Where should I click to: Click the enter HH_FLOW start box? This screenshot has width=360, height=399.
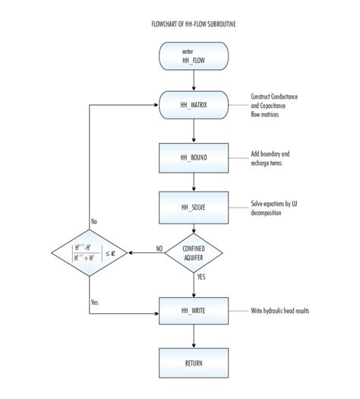pyautogui.click(x=194, y=55)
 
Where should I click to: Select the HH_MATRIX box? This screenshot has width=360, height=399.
pyautogui.click(x=194, y=104)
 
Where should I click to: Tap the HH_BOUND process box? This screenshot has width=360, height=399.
pyautogui.click(x=194, y=157)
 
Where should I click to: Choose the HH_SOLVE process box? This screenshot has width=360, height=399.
pyautogui.click(x=194, y=207)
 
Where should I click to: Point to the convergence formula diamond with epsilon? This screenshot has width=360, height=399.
pyautogui.click(x=89, y=252)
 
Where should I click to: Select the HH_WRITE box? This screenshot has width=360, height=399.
pyautogui.click(x=194, y=312)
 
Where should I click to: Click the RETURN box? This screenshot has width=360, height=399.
pyautogui.click(x=194, y=363)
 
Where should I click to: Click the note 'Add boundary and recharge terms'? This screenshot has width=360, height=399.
pyautogui.click(x=270, y=157)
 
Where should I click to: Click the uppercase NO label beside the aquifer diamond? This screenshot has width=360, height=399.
pyautogui.click(x=159, y=248)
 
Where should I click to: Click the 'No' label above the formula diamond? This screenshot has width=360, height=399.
pyautogui.click(x=94, y=221)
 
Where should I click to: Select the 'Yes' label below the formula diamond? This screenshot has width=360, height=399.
pyautogui.click(x=95, y=302)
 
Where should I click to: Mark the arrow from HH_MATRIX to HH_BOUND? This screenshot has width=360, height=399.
pyautogui.click(x=194, y=130)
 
